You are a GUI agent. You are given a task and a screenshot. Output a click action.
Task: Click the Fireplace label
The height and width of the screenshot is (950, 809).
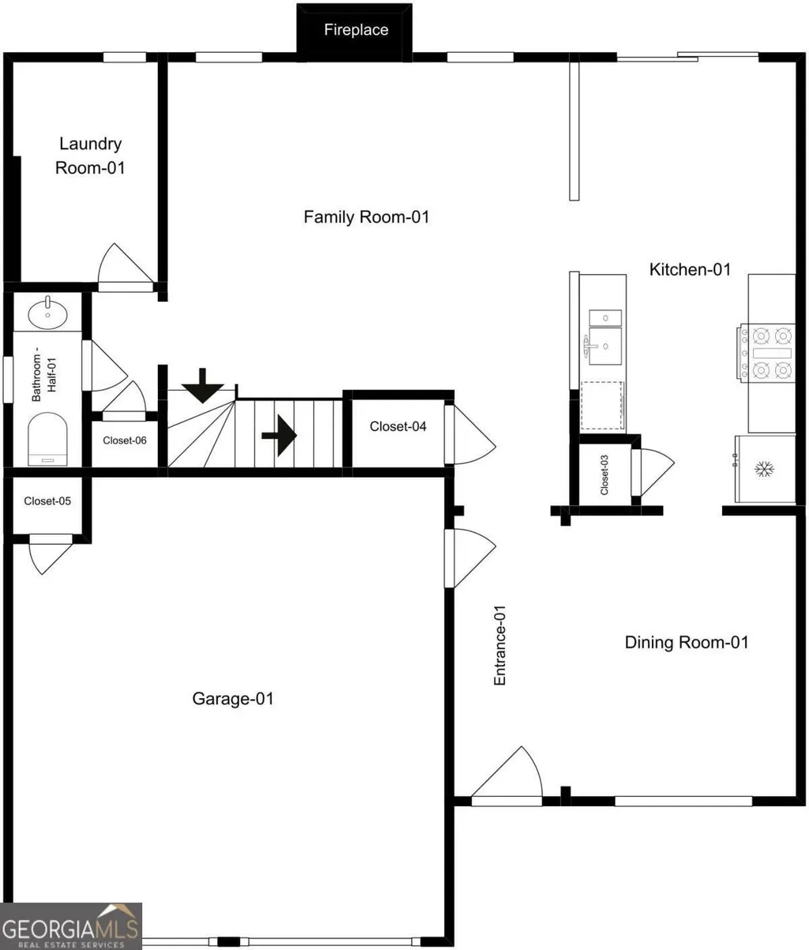click(x=356, y=30)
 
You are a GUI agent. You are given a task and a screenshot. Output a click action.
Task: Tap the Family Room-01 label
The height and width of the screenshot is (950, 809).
click(x=366, y=217)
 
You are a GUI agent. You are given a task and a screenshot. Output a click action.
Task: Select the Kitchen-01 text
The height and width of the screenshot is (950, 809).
click(x=690, y=269)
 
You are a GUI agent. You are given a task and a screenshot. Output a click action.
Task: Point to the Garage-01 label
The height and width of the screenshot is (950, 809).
click(x=233, y=699)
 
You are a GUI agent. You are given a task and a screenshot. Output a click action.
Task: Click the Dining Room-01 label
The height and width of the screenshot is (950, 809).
click(x=687, y=642)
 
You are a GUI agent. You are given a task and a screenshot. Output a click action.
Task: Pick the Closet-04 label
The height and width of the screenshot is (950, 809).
click(x=398, y=426)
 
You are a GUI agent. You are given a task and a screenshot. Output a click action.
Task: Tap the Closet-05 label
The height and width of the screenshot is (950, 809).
click(x=47, y=501)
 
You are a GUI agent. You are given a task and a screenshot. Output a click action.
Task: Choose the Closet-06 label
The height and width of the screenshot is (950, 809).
click(x=125, y=441)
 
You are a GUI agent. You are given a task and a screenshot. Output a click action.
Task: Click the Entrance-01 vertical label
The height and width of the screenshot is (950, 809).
click(x=500, y=645)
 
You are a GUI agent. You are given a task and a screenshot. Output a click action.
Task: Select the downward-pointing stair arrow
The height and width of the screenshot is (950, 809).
click(x=203, y=386)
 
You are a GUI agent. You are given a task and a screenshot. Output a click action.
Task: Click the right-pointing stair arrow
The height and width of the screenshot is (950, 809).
click(x=279, y=435)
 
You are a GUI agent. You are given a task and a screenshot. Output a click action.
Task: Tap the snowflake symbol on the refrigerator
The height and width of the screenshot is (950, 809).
click(x=765, y=469)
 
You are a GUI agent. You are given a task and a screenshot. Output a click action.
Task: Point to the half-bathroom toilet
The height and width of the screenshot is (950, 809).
click(x=48, y=439)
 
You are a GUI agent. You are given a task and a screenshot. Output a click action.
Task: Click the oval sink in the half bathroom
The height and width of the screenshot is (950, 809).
click(x=48, y=314)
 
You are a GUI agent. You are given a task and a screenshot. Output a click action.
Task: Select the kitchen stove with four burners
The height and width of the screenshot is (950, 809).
click(x=766, y=352)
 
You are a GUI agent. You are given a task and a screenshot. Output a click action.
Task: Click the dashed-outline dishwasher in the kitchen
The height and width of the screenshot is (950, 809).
click(x=601, y=405)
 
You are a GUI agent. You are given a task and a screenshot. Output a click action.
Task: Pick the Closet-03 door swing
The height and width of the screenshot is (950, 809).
click(x=653, y=472)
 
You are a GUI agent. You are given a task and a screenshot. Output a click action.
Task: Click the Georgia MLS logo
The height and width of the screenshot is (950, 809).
click(x=71, y=926)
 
